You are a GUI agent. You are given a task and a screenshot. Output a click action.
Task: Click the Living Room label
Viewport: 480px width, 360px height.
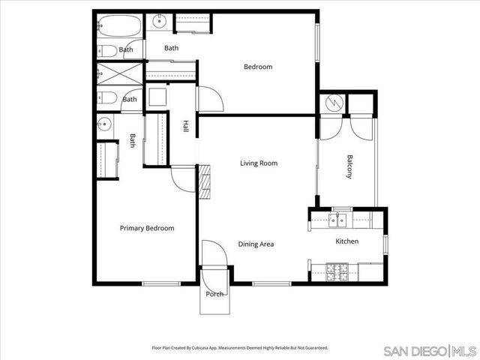point(259,163)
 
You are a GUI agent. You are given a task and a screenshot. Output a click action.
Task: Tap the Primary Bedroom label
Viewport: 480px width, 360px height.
point(147,228)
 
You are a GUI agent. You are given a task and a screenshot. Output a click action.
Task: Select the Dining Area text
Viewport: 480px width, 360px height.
point(256,244)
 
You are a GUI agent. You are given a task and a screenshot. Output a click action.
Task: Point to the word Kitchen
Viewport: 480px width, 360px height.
point(346,241)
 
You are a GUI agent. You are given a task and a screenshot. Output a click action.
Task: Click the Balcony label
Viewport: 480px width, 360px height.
point(349,166)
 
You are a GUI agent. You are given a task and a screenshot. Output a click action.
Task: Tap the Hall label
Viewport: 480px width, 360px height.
point(185,127)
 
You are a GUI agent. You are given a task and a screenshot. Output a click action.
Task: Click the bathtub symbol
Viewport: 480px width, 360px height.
point(118,28)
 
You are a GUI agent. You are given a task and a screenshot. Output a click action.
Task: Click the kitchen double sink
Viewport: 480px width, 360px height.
point(338,219)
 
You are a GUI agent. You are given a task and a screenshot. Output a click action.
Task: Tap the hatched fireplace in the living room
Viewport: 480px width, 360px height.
point(205,181)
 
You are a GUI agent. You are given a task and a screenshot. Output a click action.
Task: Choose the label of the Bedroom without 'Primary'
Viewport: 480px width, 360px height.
point(258,67)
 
